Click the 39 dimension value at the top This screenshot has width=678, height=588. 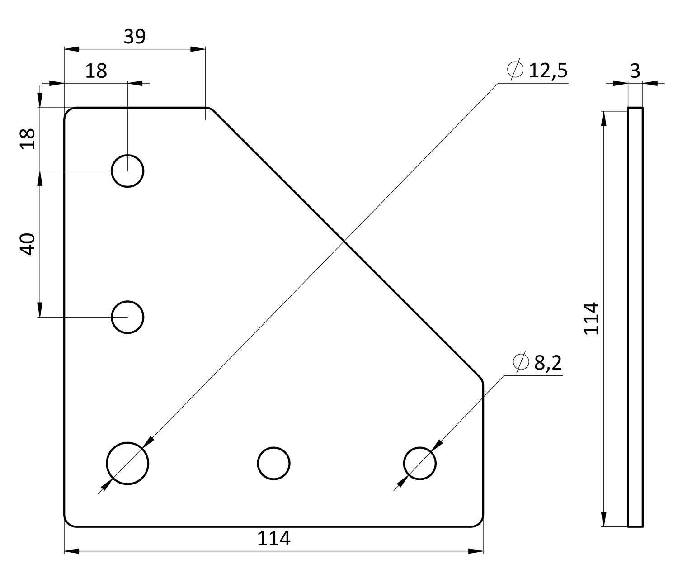[135, 37]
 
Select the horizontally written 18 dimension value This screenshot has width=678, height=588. [96, 71]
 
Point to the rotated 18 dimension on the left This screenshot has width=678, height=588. [28, 138]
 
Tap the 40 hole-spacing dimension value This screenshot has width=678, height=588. [28, 244]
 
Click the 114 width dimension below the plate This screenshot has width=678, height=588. [273, 539]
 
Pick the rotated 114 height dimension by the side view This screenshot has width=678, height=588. [592, 318]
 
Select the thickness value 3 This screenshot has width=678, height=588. [635, 71]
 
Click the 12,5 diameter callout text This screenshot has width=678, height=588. [548, 71]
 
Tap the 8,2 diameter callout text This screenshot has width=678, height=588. [548, 363]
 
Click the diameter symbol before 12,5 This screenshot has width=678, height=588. [515, 70]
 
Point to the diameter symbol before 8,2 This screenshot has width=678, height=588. [521, 361]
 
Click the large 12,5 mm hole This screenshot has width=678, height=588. [127, 463]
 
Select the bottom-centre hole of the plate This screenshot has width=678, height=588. [273, 463]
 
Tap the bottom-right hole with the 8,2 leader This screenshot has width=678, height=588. [419, 463]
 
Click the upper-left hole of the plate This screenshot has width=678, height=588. [127, 171]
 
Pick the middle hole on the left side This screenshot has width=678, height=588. [127, 317]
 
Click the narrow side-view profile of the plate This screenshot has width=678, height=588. [635, 317]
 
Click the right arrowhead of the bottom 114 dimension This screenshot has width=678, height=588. [476, 551]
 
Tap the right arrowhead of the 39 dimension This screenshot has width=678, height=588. [198, 49]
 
